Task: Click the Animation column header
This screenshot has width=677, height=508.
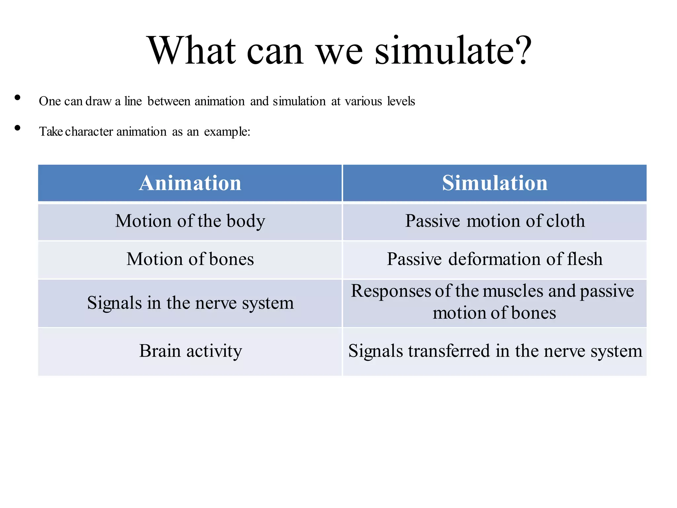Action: tap(190, 183)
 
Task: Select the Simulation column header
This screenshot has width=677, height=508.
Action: tap(495, 183)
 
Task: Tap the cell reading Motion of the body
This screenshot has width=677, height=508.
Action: tap(190, 221)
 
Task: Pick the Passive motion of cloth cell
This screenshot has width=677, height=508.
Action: tap(495, 221)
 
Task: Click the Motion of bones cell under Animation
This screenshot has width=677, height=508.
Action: tap(190, 259)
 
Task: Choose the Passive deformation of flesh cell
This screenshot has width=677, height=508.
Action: tap(495, 259)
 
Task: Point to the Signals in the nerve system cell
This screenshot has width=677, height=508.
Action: tap(190, 303)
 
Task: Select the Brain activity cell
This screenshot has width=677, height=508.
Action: tap(190, 351)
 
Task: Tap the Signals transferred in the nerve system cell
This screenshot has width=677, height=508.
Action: tap(495, 351)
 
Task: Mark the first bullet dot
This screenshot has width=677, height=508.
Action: tap(18, 98)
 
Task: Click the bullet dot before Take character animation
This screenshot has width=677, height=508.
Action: tap(18, 128)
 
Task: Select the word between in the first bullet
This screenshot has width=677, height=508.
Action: tap(169, 101)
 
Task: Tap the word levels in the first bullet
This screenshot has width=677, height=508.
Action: tap(401, 101)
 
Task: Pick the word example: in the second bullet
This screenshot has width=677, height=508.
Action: tap(227, 132)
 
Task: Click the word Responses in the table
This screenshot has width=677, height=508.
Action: tap(391, 291)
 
